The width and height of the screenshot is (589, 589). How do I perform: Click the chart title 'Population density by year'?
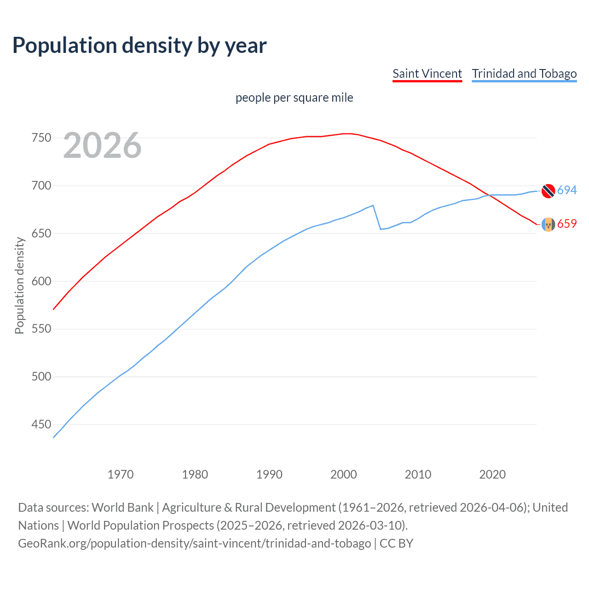139,46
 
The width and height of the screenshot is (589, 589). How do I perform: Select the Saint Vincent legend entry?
427,74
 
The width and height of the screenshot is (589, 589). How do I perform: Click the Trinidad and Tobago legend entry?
524,74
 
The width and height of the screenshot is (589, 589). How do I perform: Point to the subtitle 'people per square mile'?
294,98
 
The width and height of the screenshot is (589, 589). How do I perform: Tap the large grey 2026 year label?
102,145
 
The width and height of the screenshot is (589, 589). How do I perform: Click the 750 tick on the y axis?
41,138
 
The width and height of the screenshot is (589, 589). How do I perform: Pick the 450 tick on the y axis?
41,424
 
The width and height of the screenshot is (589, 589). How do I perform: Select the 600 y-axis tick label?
41,281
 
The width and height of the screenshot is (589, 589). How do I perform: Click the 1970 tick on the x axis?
121,474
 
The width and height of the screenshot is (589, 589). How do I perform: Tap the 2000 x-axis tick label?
344,474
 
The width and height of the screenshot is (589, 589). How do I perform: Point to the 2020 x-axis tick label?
492,474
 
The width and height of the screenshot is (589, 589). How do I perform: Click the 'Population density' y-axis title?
19,285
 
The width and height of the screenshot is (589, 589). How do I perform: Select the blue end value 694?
567,190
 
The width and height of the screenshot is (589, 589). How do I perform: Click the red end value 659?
567,224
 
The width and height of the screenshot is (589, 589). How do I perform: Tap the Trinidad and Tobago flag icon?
548,191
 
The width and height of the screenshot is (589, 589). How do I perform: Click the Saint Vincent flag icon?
548,224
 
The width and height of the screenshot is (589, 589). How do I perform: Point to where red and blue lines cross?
490,195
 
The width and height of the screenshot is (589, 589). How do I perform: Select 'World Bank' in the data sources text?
122,508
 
